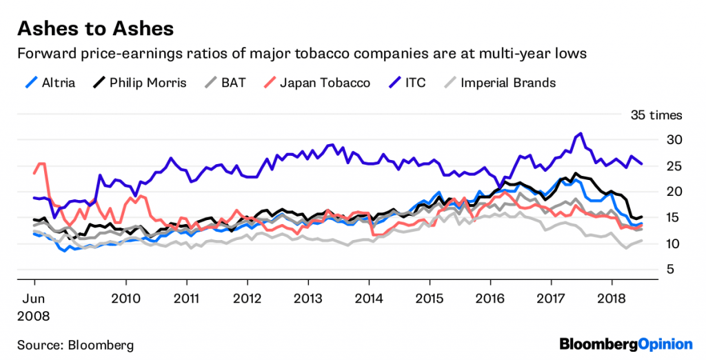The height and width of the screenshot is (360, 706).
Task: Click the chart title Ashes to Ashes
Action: (94, 29)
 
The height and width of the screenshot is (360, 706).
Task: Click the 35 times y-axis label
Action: (656, 114)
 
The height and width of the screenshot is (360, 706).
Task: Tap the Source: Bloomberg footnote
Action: (75, 344)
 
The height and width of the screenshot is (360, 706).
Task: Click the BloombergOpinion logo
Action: (625, 343)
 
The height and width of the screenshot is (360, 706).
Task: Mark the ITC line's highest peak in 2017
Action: (581, 134)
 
